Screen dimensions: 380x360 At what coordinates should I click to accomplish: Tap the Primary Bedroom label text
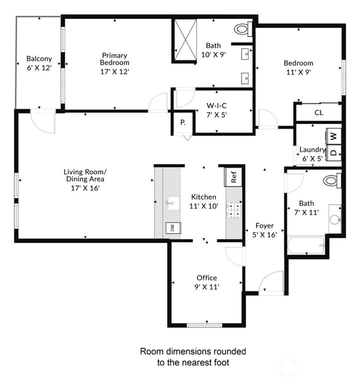(114, 59)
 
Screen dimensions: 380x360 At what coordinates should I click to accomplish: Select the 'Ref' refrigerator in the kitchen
(233, 176)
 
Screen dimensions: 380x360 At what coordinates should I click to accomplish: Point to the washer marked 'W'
(334, 135)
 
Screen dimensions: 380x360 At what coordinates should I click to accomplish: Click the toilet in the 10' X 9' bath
(242, 29)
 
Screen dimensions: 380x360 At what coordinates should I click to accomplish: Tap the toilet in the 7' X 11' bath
(331, 180)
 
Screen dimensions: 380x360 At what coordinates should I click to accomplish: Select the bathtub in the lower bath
(306, 245)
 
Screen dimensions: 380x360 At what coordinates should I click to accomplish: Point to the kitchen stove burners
(233, 210)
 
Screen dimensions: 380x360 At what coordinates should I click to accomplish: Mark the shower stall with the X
(184, 40)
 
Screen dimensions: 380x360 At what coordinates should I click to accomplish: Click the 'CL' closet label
(318, 112)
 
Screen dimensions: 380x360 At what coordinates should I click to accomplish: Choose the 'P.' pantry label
(183, 122)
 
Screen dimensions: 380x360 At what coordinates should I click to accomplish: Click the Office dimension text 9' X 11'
(206, 287)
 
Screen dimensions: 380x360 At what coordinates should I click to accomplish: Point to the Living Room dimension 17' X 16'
(85, 188)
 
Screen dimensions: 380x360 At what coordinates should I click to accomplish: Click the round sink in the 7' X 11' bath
(335, 219)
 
